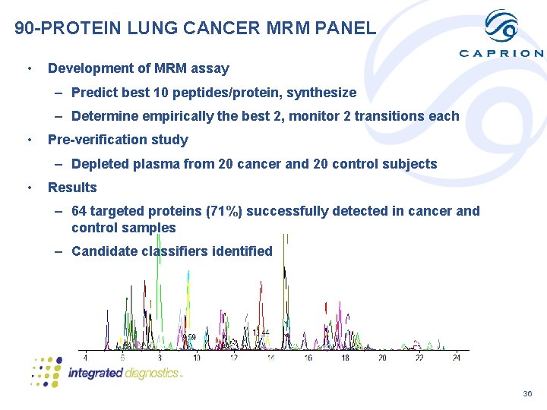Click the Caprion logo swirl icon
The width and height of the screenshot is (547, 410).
pyautogui.click(x=501, y=27)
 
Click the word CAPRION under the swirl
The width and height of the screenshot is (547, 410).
pyautogui.click(x=501, y=54)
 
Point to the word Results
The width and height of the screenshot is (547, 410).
pyautogui.click(x=72, y=188)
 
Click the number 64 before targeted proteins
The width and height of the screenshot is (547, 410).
pyautogui.click(x=80, y=211)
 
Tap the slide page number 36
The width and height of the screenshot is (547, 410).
pyautogui.click(x=527, y=394)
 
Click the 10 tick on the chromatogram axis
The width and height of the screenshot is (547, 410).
pyautogui.click(x=197, y=358)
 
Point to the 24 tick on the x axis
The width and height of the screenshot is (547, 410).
pyautogui.click(x=456, y=358)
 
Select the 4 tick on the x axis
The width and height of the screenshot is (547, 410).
pyautogui.click(x=85, y=358)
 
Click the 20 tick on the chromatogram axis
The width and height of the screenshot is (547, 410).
pyautogui.click(x=382, y=358)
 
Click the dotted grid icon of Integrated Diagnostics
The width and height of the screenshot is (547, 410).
pyautogui.click(x=46, y=371)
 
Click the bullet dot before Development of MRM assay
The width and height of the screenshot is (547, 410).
pyautogui.click(x=28, y=68)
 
